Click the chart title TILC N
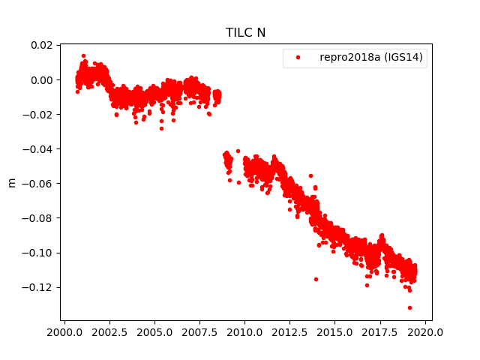(x=245, y=32)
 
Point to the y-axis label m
(x=11, y=182)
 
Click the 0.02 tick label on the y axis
(x=40, y=46)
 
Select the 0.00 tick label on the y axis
(x=40, y=80)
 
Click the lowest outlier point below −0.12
(x=409, y=307)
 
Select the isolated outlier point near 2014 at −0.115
(x=316, y=279)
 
